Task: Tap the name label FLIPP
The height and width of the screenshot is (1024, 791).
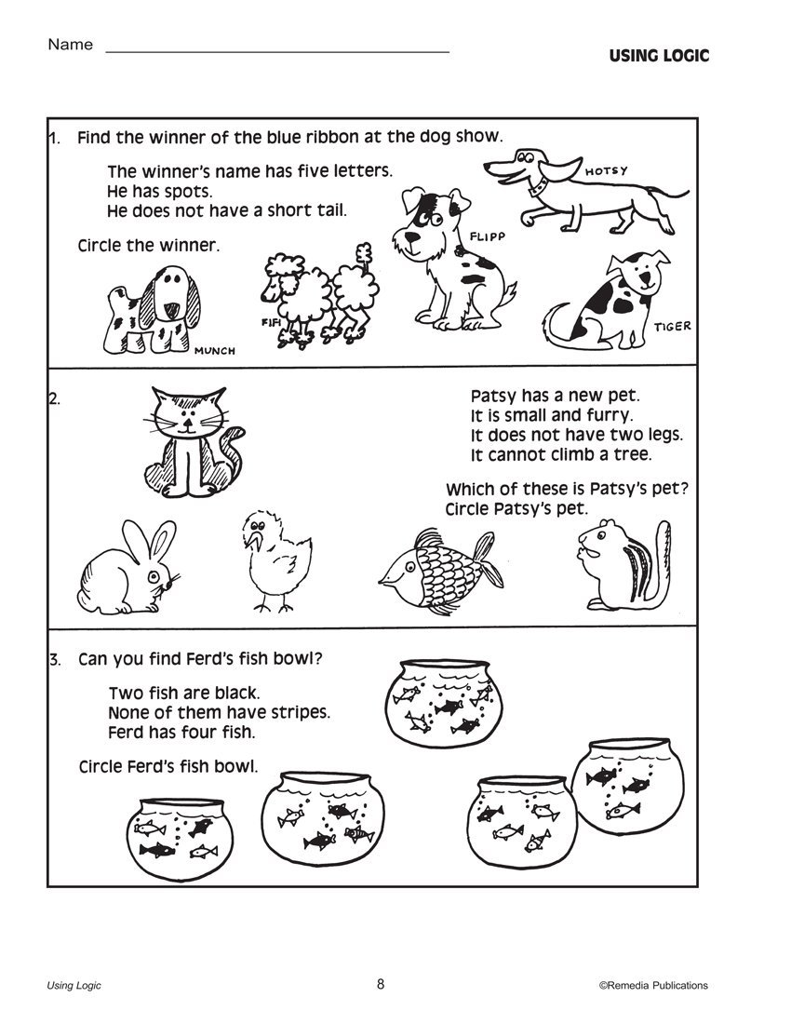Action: pyautogui.click(x=487, y=237)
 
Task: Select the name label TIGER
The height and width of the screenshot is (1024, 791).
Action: pyautogui.click(x=672, y=327)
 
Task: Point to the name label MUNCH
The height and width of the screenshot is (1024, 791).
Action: pyautogui.click(x=214, y=350)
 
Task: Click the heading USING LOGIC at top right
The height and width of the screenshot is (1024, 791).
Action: pyautogui.click(x=659, y=56)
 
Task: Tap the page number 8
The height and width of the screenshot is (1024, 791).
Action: pyautogui.click(x=381, y=984)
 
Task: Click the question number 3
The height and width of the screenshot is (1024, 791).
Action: pyautogui.click(x=56, y=660)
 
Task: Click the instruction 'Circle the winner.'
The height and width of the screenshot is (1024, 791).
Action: pyautogui.click(x=149, y=246)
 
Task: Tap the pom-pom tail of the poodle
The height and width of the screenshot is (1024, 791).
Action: pyautogui.click(x=362, y=252)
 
